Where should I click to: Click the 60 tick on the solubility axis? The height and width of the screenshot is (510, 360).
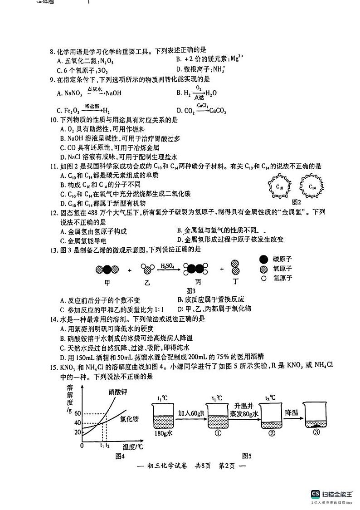(77, 413)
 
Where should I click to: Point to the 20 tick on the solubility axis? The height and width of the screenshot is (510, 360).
(77, 431)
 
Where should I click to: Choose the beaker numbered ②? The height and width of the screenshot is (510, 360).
(272, 420)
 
